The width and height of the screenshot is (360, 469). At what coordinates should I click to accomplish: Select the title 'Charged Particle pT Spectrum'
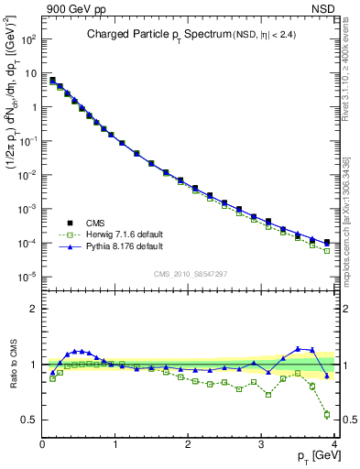point(157,36)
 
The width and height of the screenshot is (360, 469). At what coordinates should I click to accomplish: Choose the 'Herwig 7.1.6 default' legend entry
point(107,234)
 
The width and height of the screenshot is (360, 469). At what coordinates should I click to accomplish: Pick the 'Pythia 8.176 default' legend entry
point(106,246)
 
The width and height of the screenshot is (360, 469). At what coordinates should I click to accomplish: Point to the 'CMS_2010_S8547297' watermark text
point(189,272)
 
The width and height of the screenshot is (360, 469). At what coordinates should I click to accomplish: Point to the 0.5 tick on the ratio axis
point(29,420)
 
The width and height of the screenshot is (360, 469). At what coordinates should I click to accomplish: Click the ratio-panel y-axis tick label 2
point(33,309)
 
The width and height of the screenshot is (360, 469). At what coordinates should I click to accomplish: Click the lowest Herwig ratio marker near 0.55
point(327,414)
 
